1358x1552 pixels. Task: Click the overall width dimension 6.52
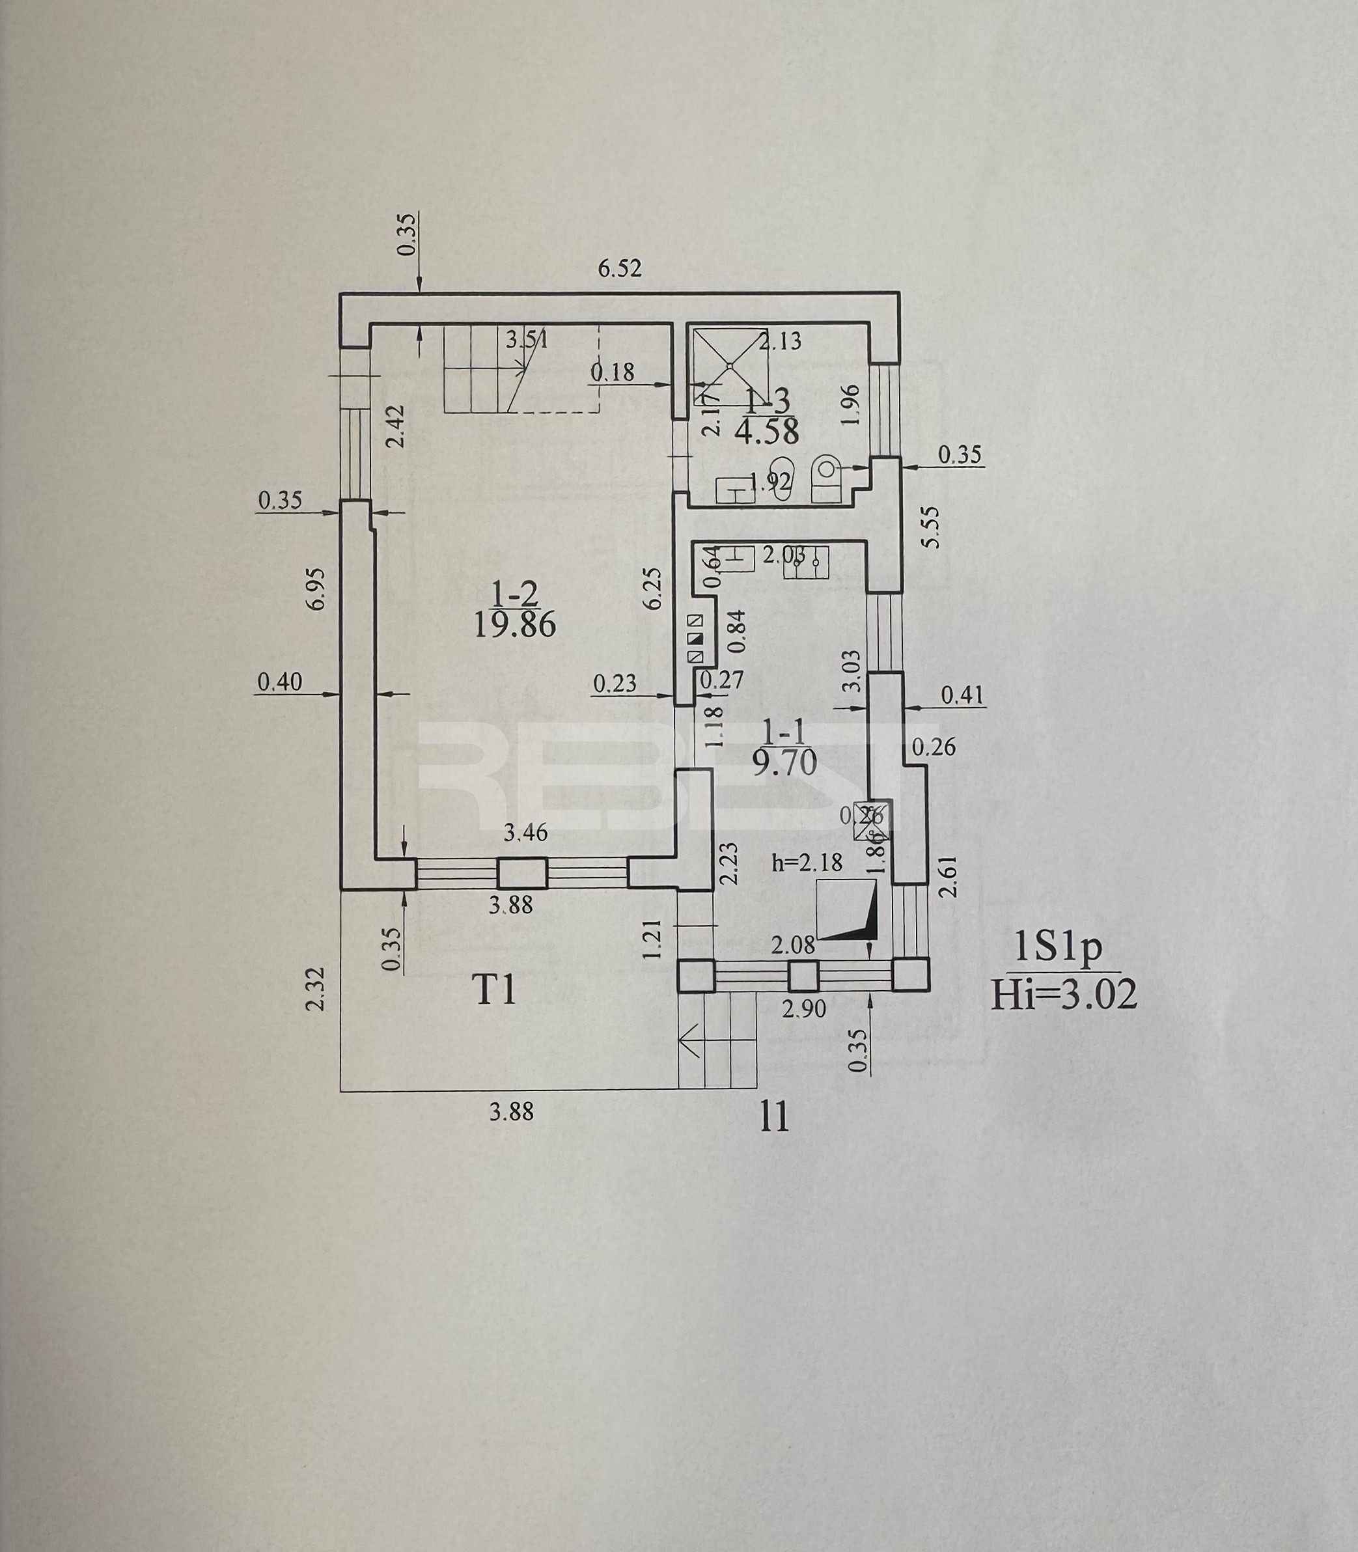(x=620, y=269)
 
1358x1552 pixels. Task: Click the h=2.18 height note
(x=807, y=863)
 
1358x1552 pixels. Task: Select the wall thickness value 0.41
(x=962, y=694)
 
